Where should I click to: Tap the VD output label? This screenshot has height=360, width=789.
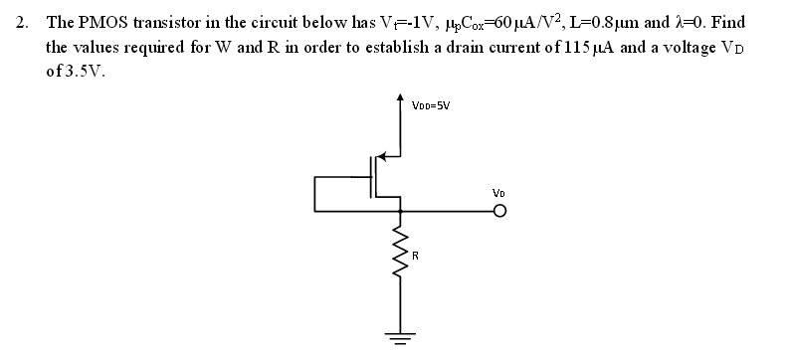[499, 192]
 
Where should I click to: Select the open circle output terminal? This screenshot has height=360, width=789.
[499, 211]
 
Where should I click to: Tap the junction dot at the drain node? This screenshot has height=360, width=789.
[402, 210]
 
